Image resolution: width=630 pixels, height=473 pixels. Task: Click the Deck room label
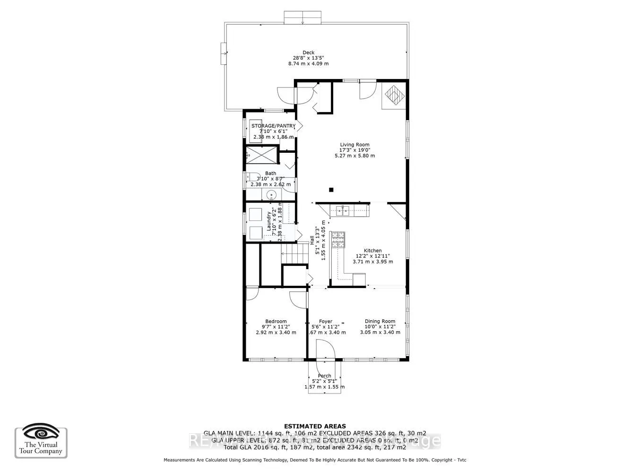[x=308, y=53]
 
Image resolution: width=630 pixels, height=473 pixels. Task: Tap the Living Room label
[x=354, y=145]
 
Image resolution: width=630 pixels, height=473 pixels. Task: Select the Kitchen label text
[x=372, y=251]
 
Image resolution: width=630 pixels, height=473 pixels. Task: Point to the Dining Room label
[x=380, y=321]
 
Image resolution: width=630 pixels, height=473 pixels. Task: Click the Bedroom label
[x=276, y=321]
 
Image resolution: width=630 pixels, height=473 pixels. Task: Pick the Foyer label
[x=325, y=321]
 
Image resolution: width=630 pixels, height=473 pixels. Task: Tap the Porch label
[x=324, y=376]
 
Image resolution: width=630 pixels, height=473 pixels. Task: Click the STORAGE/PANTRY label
[x=273, y=126]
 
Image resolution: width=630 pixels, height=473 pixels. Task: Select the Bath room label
[x=270, y=174]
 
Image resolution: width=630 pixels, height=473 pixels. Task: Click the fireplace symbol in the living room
[x=393, y=96]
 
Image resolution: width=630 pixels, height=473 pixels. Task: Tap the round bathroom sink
[x=271, y=194]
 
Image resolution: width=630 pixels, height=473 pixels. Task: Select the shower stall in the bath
[x=261, y=155]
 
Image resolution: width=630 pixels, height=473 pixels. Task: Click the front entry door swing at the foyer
[x=326, y=350]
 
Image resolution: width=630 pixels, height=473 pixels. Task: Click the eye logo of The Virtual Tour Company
[x=41, y=432]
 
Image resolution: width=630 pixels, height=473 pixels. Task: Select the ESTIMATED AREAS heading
[x=315, y=426]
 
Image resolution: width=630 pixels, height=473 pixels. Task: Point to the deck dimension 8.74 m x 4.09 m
[x=308, y=63]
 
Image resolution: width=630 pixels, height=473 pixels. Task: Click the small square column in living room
[x=331, y=190]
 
